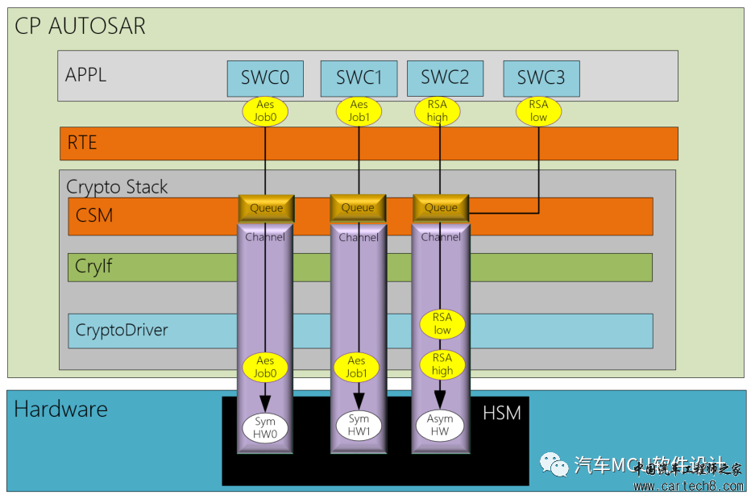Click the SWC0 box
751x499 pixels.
coord(265,78)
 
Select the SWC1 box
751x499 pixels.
coord(359,78)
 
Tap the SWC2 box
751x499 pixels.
coord(445,78)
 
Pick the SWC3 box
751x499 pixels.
coord(541,78)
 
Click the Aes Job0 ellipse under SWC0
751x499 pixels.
coord(265,111)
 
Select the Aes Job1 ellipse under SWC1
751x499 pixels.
coord(359,111)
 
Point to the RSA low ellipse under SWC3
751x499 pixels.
coord(538,111)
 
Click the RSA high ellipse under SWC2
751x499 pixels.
coord(438,111)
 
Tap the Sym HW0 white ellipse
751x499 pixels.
coord(265,426)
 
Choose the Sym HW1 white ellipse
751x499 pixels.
coord(359,426)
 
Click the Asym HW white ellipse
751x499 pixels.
coord(440,426)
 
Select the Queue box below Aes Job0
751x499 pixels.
coord(266,208)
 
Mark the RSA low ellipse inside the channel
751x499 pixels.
coord(442,324)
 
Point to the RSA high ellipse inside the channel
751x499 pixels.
coord(442,364)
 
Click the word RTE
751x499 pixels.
coord(82,143)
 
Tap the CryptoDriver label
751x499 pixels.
coord(122,331)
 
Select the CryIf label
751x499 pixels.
coord(93,266)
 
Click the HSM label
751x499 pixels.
coord(501,414)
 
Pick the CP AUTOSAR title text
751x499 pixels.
coord(81,26)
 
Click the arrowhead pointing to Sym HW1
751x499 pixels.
coord(358,400)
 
